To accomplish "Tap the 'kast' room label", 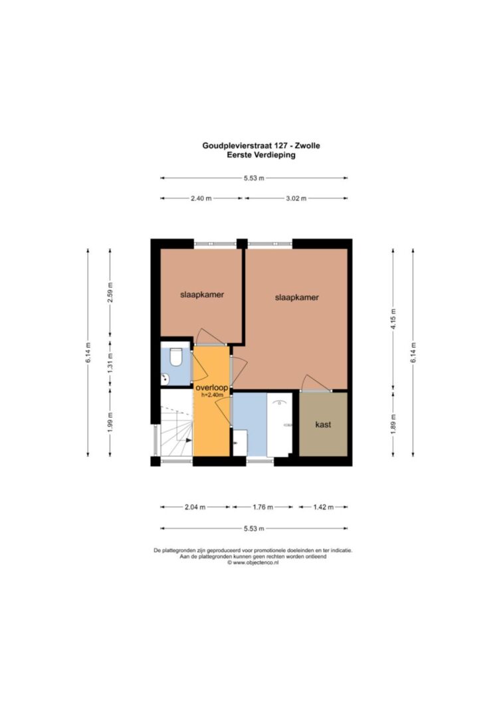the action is (x=323, y=425).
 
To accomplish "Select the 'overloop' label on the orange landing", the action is (x=211, y=388).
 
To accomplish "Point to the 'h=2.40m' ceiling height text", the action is (x=212, y=395).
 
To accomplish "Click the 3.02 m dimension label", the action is (x=296, y=198).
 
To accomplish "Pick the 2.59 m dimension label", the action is (x=110, y=293).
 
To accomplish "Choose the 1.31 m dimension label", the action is (x=110, y=362).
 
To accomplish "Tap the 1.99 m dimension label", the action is (x=110, y=422).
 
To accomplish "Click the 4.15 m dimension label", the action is (x=393, y=319).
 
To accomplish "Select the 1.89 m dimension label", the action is (x=393, y=424).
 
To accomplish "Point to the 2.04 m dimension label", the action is (x=195, y=507).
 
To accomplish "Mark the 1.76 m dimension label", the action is (x=262, y=507).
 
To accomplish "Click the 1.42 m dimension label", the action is (x=324, y=507).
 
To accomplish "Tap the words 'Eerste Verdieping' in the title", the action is (x=261, y=155).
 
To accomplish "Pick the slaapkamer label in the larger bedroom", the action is (x=296, y=297).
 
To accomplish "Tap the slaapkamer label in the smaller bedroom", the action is (x=202, y=295).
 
